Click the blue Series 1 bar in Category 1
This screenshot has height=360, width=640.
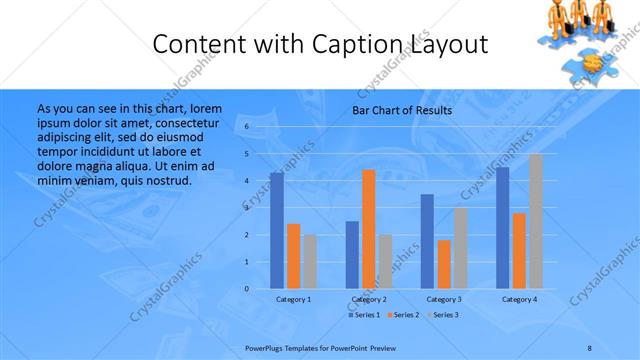point(276,230)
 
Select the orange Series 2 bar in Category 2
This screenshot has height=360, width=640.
point(369,229)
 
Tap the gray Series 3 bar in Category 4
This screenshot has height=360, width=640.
point(536,221)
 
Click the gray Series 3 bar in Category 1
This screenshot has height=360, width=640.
point(310,261)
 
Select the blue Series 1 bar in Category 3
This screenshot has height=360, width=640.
point(427,241)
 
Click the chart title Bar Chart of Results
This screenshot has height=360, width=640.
point(402,110)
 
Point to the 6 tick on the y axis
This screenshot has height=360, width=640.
point(247,127)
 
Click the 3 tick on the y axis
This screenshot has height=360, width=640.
point(247,208)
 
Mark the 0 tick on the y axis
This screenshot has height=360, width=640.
point(247,289)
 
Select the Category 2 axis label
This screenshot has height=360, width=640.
point(369,299)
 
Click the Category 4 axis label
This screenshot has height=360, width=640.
point(519,299)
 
